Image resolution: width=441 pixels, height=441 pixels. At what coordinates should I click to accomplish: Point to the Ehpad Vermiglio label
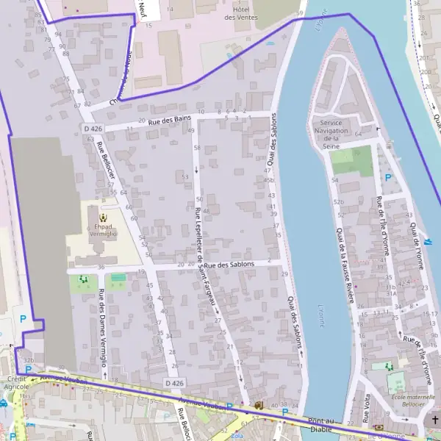102,229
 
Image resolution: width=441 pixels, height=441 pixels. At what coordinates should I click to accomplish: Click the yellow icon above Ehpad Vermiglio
102,217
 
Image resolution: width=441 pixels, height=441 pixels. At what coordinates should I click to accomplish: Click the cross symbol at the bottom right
434,420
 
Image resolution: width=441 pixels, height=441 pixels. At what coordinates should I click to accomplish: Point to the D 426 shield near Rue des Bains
93,129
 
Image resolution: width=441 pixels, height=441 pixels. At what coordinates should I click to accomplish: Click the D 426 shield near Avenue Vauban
175,383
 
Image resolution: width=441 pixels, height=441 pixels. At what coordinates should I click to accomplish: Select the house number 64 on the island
358,134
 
